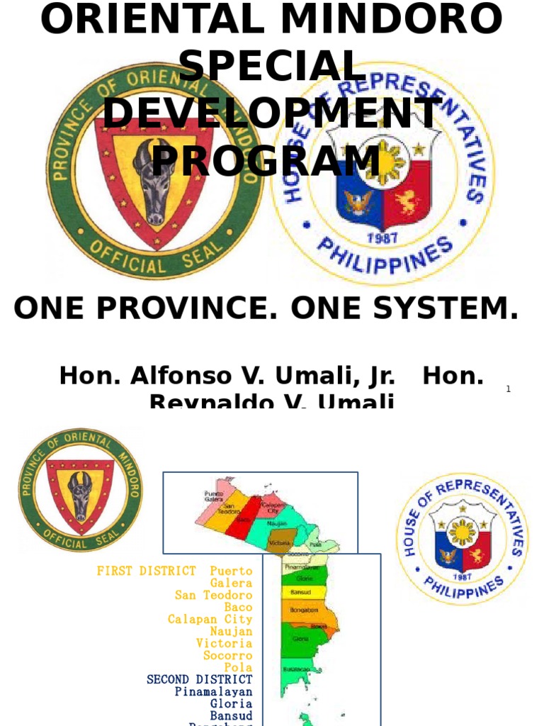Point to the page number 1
click(509, 389)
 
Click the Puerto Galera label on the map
click(213, 496)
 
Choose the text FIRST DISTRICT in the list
click(147, 571)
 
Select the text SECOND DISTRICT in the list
click(199, 679)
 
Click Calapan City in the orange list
click(210, 619)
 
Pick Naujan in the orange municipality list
click(231, 631)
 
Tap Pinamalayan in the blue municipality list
click(213, 691)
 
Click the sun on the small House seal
click(462, 531)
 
